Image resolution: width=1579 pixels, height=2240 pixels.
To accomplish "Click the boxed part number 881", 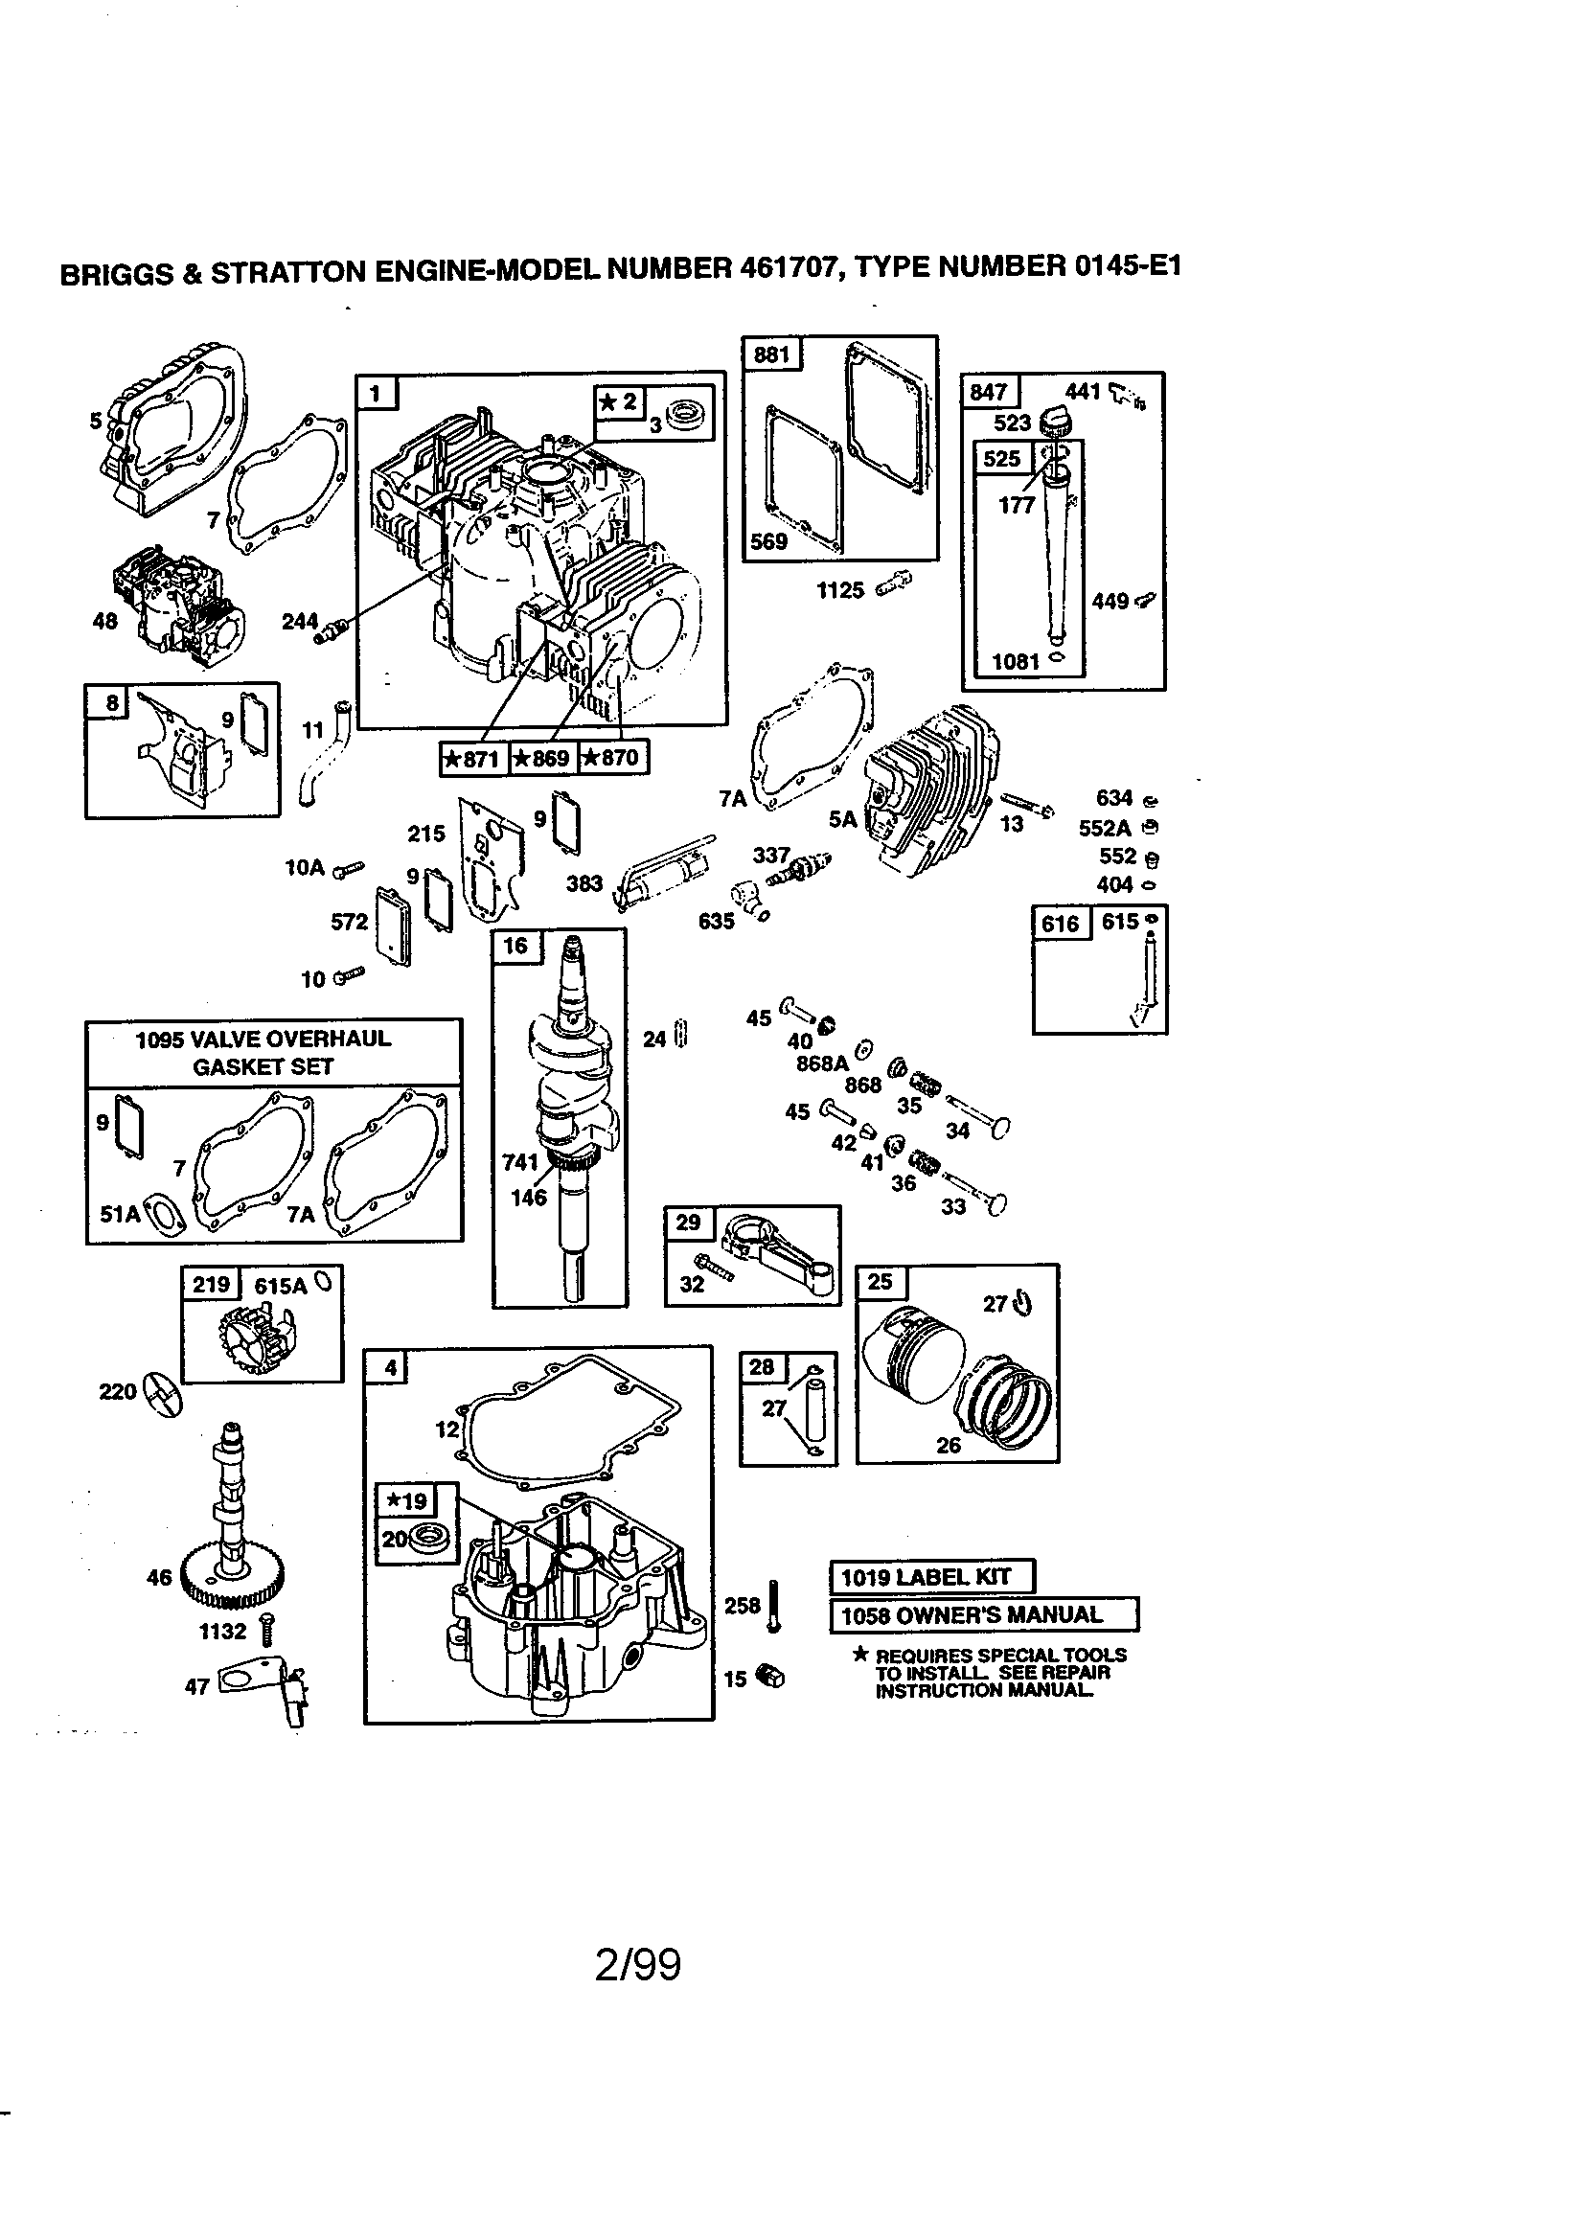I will coord(771,354).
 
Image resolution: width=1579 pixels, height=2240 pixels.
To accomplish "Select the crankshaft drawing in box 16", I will coord(571,1103).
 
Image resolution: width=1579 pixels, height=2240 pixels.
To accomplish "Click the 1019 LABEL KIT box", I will coord(931,1577).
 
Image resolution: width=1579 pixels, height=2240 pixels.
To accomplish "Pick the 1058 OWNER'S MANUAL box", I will coord(984,1614).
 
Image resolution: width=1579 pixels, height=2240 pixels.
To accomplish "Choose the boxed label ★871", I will coord(473,758).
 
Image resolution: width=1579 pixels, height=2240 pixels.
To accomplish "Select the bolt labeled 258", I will coord(774,1606).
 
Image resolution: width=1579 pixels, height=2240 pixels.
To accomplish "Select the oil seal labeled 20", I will coord(424,1541).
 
